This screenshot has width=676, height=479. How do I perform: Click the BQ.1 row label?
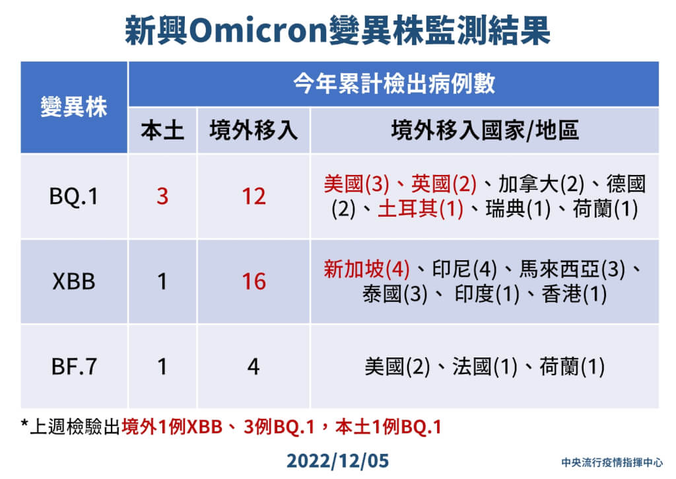coord(74,196)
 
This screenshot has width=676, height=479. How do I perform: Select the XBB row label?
coord(74,282)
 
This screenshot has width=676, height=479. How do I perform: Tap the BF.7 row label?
coord(74,367)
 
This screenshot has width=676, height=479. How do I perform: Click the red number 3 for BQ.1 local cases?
coord(162,196)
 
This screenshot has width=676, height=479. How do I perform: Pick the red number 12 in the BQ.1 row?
coord(253,196)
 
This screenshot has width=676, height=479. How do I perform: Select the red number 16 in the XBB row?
coord(253,282)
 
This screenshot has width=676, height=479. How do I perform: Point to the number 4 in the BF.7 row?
coord(253,367)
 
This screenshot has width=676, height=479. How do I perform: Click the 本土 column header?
coord(162,130)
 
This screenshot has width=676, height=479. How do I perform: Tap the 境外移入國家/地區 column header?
coord(485,130)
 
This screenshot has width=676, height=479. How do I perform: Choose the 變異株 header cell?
coord(74,106)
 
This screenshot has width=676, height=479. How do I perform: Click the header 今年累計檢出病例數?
coord(393,83)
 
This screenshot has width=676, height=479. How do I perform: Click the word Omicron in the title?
coord(258,30)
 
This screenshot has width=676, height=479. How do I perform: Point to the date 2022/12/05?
coord(337,461)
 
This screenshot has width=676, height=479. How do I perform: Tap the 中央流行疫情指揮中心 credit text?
coord(612,462)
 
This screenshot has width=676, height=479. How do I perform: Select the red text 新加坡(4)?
coord(366,270)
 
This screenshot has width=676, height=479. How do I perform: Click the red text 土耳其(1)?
coord(421,209)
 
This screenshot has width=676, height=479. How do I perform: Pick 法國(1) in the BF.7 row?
coord(485,367)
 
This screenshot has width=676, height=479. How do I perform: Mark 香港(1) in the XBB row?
coord(574,294)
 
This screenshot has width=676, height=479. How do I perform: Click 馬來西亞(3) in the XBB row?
coord(572,270)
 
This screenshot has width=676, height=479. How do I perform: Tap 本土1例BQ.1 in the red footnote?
coord(388,427)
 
